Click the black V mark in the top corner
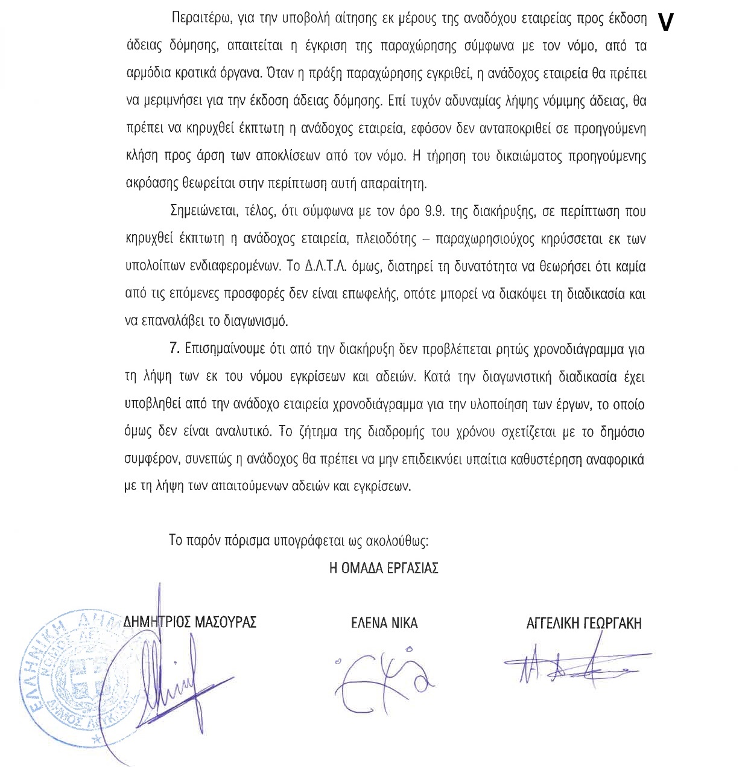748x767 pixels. (665, 23)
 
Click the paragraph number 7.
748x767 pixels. (174, 349)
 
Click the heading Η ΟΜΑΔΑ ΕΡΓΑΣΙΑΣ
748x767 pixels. (384, 568)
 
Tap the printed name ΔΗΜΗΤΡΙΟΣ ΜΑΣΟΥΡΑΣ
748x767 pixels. (190, 622)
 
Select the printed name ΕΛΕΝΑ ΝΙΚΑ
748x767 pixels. (384, 623)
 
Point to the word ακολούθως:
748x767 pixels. (398, 541)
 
